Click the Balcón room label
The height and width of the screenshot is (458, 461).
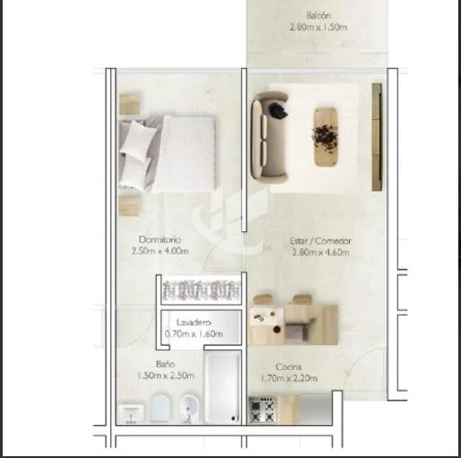(318, 15)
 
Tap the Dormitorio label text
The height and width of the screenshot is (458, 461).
(160, 239)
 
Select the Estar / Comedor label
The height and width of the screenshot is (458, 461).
(320, 241)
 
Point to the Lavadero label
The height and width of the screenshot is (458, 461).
(194, 323)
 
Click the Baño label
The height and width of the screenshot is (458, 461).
(165, 364)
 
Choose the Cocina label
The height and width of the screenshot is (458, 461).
(288, 367)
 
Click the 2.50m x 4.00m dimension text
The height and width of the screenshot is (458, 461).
(160, 251)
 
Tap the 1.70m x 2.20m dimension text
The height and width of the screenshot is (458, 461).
(289, 378)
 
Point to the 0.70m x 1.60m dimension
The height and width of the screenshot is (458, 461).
(194, 333)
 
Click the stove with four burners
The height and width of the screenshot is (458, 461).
(262, 410)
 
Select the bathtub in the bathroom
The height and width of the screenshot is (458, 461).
(222, 387)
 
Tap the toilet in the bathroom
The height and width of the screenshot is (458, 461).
(160, 408)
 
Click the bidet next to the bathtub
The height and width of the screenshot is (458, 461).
(189, 409)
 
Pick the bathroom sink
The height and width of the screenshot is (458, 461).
(131, 413)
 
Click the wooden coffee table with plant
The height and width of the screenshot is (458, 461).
(326, 136)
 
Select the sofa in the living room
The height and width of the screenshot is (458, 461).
(269, 136)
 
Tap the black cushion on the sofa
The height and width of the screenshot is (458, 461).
(278, 110)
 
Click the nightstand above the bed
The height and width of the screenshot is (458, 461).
(129, 104)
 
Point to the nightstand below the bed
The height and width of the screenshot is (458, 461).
(129, 205)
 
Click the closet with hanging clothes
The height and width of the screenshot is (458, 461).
(201, 290)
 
